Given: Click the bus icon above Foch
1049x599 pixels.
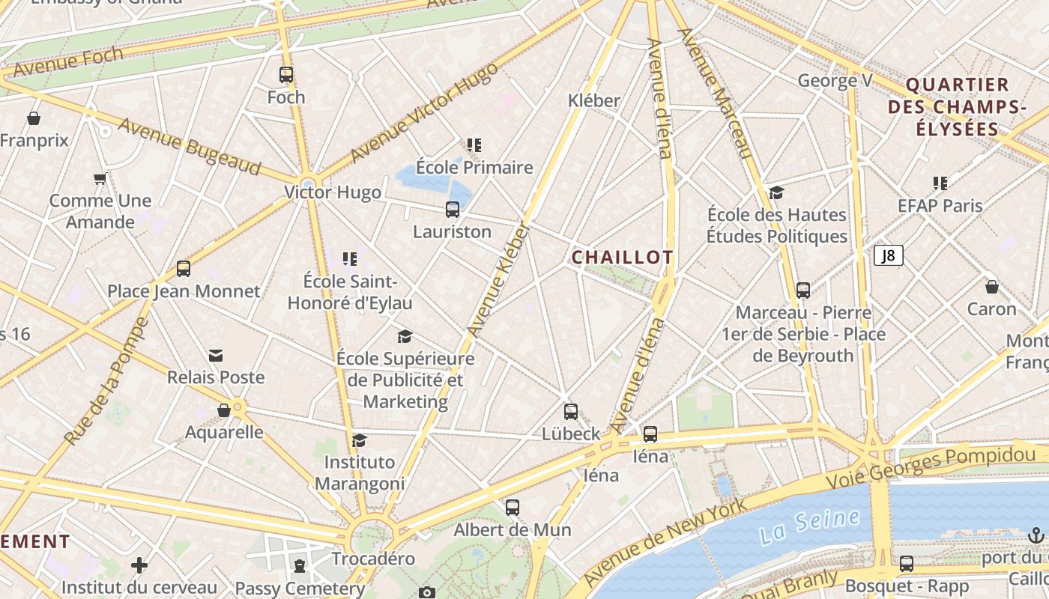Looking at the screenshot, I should [286, 75].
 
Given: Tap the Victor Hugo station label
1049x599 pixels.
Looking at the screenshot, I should [333, 192].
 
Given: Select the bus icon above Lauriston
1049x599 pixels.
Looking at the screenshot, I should [453, 210].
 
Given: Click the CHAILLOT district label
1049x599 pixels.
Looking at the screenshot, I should [622, 258].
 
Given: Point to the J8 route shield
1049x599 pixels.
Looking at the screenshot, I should [888, 256].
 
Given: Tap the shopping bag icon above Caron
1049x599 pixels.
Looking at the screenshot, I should [991, 287].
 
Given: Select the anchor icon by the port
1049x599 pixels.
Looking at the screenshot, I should [1036, 535].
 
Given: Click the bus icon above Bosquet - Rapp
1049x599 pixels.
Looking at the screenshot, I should [907, 564].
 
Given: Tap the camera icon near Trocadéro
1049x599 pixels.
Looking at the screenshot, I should [427, 593].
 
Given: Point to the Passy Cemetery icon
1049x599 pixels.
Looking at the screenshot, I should [300, 565].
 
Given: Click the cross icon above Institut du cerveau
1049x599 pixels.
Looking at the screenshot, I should [139, 565].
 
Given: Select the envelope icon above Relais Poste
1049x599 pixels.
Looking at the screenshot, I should [216, 355].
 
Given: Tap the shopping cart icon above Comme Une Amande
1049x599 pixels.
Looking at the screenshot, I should [100, 179].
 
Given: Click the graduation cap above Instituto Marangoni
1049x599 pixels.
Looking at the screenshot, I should [360, 440].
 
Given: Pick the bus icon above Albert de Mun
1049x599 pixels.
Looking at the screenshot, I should [513, 508].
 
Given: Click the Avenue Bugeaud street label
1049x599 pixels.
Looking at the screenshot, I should [189, 148].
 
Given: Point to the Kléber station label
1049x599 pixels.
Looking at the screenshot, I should [594, 100].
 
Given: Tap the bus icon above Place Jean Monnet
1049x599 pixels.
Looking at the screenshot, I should [184, 269].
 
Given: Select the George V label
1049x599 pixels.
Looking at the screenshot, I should [835, 80].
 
